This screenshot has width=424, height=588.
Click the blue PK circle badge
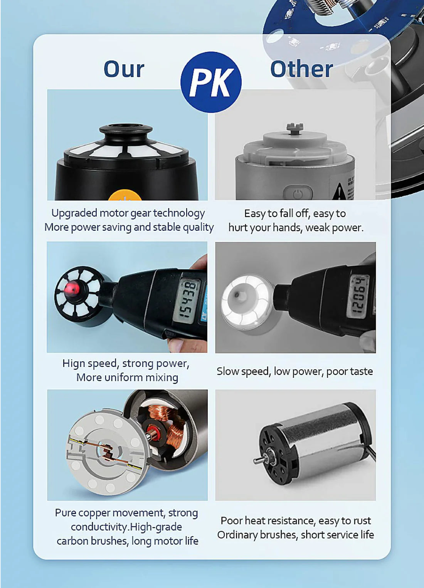coord(211,82)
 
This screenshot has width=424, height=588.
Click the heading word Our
coord(124,69)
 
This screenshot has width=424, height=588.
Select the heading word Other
coord(301,69)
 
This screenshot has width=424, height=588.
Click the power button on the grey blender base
coord(298,193)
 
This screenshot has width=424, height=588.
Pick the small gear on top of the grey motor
coord(295,127)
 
